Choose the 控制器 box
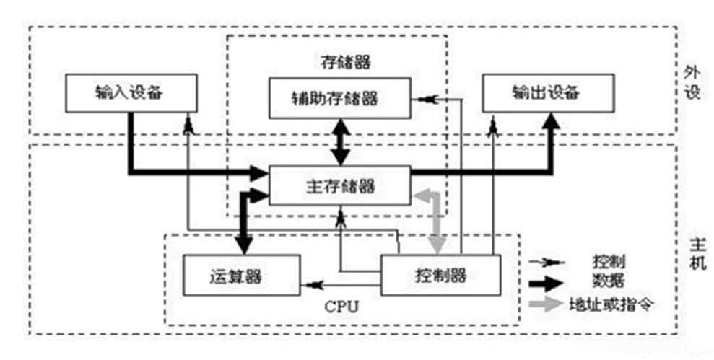pos(440,276)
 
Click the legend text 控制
pos(603,262)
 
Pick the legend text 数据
pos(603,281)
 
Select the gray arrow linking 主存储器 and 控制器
pos(435,216)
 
